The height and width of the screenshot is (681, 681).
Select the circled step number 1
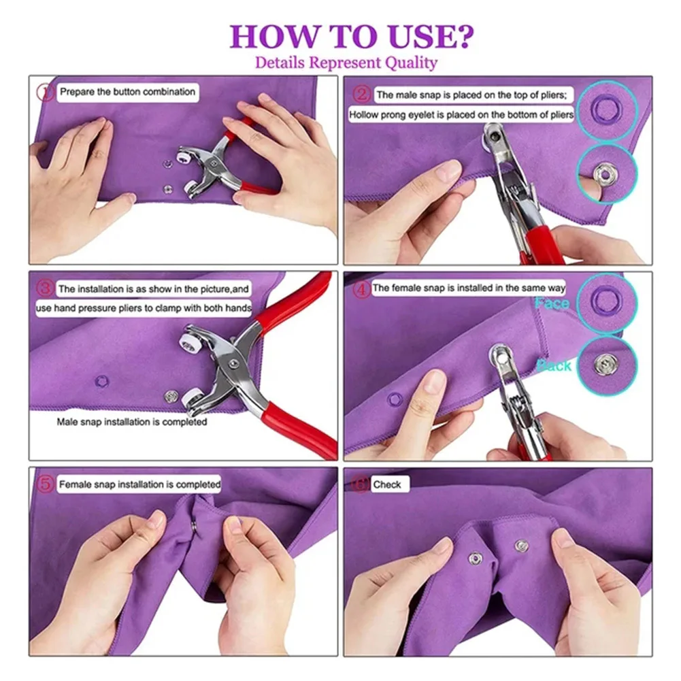tap(45, 92)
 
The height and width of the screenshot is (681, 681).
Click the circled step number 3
tap(45, 288)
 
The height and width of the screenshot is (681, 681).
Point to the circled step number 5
tap(45, 484)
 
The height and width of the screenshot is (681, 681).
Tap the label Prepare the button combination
tap(127, 92)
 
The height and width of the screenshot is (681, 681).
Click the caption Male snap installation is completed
tap(131, 422)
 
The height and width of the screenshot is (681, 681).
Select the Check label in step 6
tap(386, 484)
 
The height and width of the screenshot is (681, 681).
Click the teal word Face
tap(552, 303)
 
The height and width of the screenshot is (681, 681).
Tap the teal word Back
tap(554, 366)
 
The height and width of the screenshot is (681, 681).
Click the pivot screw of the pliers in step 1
tap(213, 163)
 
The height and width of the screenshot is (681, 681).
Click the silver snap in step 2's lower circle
tap(604, 173)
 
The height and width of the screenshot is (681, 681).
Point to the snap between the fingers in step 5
tap(193, 527)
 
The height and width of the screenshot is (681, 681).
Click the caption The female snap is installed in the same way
tap(469, 288)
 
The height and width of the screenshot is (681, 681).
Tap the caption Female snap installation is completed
tap(139, 484)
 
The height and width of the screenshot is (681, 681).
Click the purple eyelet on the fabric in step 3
tap(101, 382)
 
